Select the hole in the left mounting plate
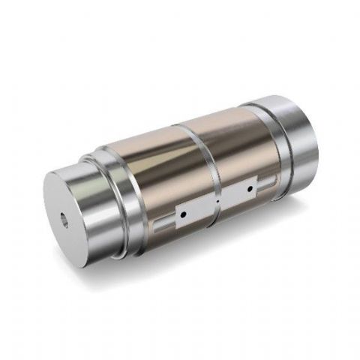click(x=182, y=214)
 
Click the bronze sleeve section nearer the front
click(x=150, y=172)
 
